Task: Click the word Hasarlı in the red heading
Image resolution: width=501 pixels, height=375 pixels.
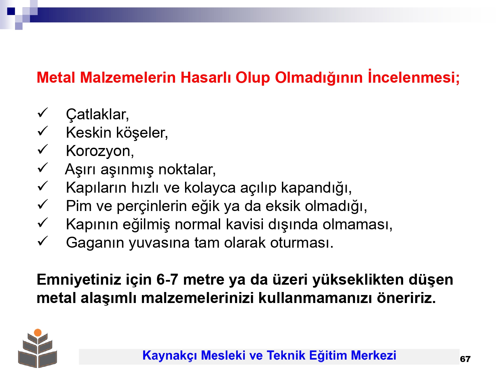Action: click(x=206, y=78)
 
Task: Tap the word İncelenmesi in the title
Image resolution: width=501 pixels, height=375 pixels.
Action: click(x=413, y=77)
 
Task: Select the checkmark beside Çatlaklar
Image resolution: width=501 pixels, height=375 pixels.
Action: click(x=42, y=113)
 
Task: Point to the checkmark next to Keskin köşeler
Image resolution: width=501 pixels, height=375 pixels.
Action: click(x=42, y=131)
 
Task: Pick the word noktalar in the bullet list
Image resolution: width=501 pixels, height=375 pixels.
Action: click(x=187, y=169)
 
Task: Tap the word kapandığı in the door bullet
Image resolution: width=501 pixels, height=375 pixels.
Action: click(x=316, y=188)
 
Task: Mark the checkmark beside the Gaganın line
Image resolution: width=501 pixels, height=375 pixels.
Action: click(x=42, y=241)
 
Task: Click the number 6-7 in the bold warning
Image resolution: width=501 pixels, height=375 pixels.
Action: click(x=167, y=280)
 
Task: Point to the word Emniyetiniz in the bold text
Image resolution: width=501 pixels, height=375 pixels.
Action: click(x=79, y=280)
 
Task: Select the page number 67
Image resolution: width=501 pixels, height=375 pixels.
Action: click(x=465, y=359)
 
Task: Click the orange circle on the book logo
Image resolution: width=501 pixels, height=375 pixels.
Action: click(x=38, y=332)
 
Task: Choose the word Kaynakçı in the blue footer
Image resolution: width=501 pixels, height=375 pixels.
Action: click(x=169, y=355)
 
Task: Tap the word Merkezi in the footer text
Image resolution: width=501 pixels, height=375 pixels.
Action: click(x=373, y=355)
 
